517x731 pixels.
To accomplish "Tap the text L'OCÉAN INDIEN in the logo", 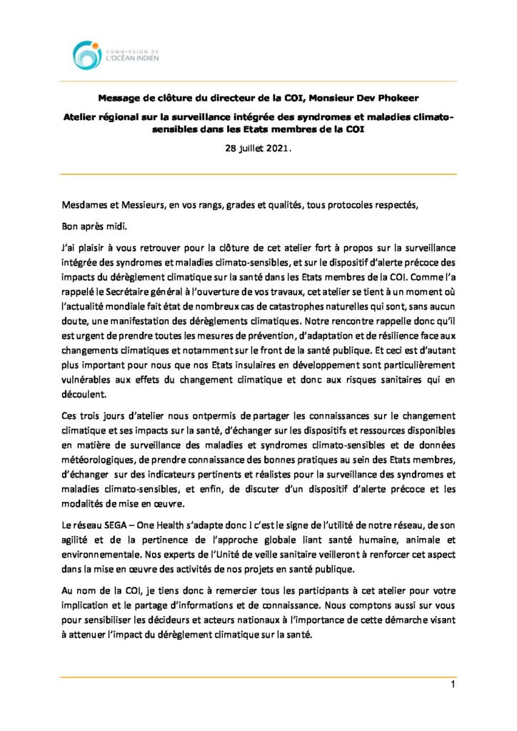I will pyautogui.click(x=131, y=59).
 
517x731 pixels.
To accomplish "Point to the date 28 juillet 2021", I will pyautogui.click(x=258, y=148).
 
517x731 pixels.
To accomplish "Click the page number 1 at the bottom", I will pyautogui.click(x=453, y=686).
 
